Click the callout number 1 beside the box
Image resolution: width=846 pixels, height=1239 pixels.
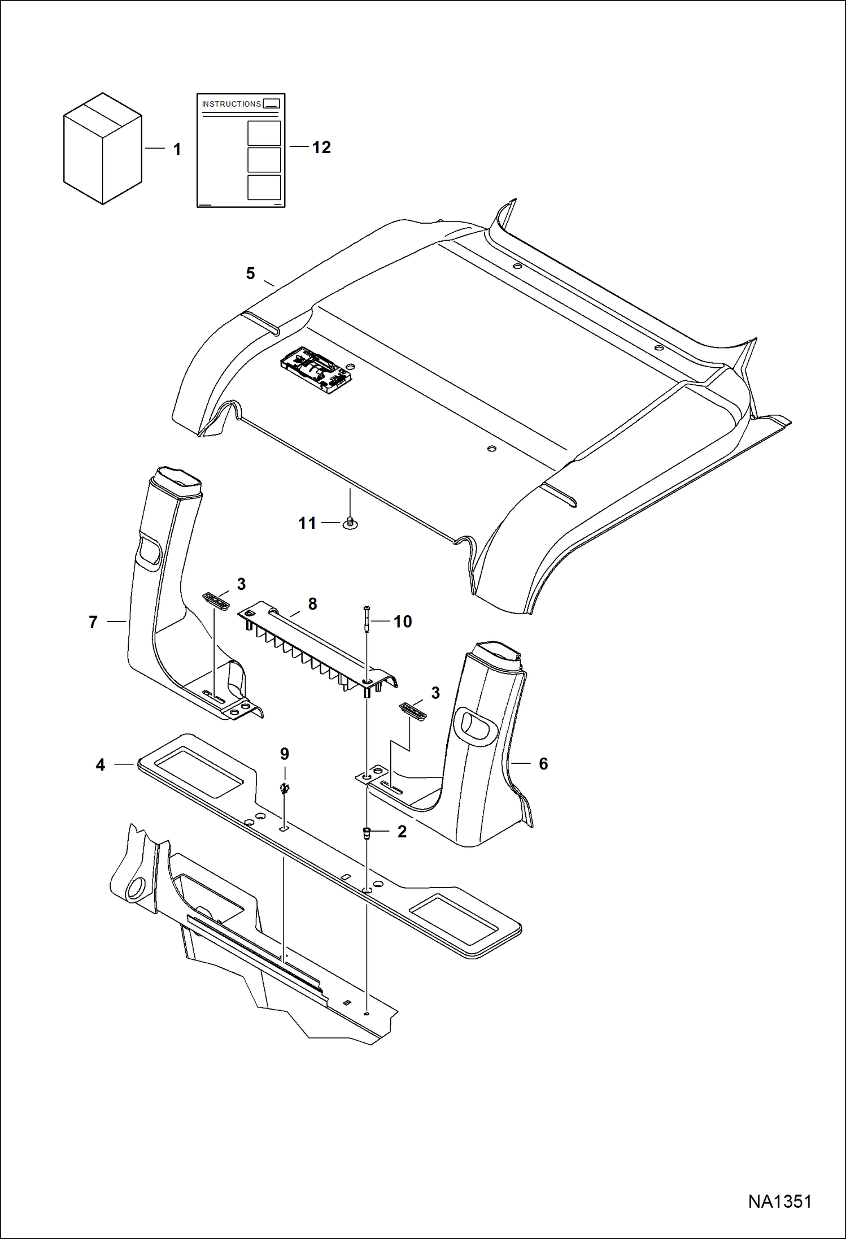click(x=177, y=149)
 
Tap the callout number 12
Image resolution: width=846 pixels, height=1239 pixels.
click(x=321, y=147)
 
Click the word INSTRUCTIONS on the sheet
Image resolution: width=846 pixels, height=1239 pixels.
click(x=232, y=104)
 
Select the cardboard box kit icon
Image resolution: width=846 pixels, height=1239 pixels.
click(x=102, y=149)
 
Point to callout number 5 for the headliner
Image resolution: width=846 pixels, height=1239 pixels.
click(x=250, y=273)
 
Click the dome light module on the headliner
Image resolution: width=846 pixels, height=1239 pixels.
click(x=317, y=369)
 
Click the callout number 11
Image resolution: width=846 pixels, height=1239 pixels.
click(x=307, y=523)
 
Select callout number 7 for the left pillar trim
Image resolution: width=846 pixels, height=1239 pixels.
click(x=93, y=622)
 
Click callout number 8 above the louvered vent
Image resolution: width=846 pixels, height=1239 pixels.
click(x=312, y=604)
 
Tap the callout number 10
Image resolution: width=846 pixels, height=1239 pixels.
click(x=402, y=621)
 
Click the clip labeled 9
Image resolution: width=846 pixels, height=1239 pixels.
click(x=285, y=789)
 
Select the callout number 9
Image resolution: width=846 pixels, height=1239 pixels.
click(x=285, y=754)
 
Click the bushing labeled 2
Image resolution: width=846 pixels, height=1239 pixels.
click(x=367, y=833)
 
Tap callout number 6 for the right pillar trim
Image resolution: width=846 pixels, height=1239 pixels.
click(x=543, y=764)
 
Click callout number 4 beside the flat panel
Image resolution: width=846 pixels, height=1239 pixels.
click(x=100, y=765)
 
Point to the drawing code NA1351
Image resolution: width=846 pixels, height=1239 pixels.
click(x=779, y=1201)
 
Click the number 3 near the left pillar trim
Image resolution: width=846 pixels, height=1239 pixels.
click(x=241, y=584)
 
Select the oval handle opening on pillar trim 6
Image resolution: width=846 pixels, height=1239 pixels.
click(x=476, y=725)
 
